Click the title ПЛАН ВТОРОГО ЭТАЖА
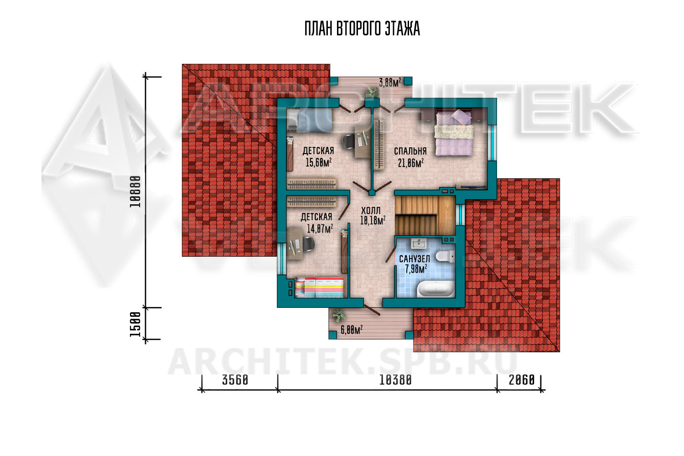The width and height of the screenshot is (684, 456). tap(362, 29)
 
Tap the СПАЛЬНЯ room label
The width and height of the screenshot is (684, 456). tap(410, 151)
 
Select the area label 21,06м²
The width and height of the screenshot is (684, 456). tap(411, 163)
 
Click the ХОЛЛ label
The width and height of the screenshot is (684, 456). tap(371, 210)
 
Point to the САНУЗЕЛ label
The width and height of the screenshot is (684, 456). tap(415, 259)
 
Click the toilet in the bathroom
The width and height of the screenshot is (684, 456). tap(445, 256)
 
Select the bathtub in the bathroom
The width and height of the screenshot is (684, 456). tap(436, 289)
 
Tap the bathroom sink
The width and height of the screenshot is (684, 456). tap(419, 244)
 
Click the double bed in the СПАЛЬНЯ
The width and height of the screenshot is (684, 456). tap(454, 132)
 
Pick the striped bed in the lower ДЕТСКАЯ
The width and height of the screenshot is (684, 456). tap(319, 287)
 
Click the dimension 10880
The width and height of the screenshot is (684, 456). tap(135, 192)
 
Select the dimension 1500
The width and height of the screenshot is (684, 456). tap(135, 324)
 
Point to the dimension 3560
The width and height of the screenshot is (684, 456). tap(235, 380)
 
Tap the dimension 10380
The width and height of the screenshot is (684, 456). tap(395, 380)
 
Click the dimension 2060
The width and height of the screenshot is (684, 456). tap(522, 380)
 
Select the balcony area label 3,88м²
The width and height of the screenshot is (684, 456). tap(390, 82)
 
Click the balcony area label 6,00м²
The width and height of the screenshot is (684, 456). tap(352, 330)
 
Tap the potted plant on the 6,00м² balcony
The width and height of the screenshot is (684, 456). tap(338, 315)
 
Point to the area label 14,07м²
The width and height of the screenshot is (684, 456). tap(320, 228)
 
